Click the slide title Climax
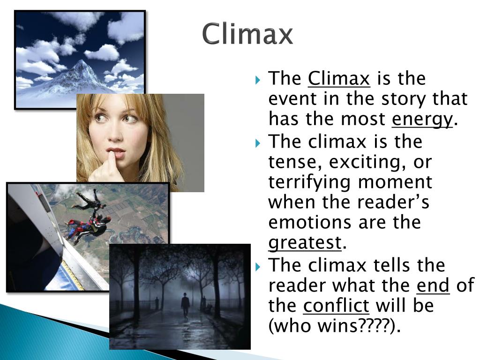pos(247,34)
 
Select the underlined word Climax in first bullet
pos(339,79)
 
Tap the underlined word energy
pos(422,120)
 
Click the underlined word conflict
pos(336,306)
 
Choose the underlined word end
pos(433,285)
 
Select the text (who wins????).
pos(335,326)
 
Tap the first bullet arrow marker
pos(258,79)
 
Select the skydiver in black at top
pos(91,199)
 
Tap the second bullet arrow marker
pos(258,142)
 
